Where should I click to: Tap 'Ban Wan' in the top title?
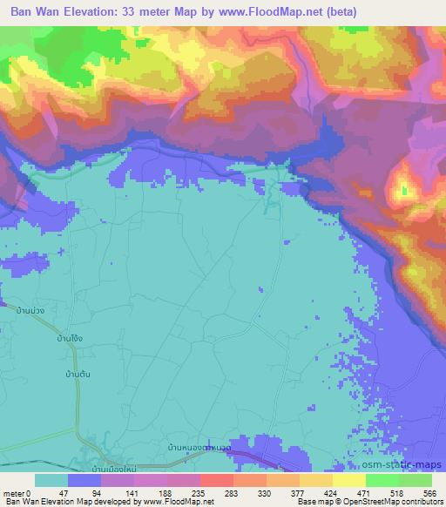click(36, 11)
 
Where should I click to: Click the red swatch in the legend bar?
click(217, 480)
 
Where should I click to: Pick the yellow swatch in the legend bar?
click(348, 480)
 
